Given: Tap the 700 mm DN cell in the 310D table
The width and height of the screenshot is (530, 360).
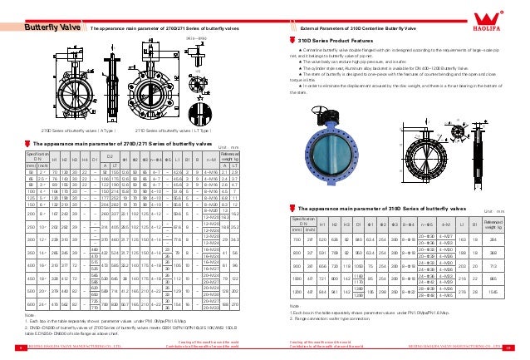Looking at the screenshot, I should [296, 238].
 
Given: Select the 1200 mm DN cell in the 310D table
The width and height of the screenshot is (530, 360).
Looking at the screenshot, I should [296, 293].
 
